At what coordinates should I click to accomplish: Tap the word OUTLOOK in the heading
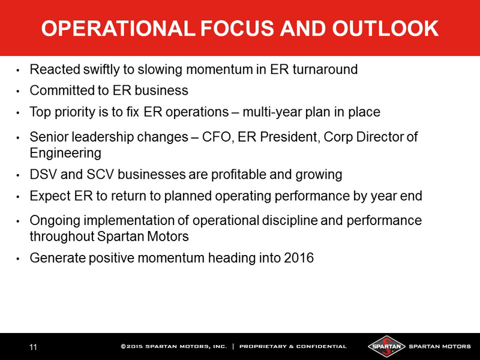(385, 28)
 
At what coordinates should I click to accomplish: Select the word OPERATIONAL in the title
(118, 28)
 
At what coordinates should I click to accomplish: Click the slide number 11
(33, 347)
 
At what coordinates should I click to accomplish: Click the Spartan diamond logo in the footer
(386, 347)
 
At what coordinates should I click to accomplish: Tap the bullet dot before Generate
(18, 259)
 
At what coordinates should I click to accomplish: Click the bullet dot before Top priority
(18, 113)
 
